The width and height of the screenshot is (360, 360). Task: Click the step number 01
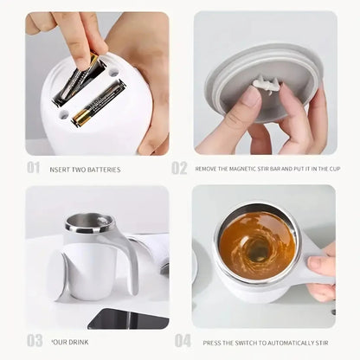[33, 168]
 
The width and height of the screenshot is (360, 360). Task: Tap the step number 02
[179, 168]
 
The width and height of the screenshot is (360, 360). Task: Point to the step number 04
[183, 340]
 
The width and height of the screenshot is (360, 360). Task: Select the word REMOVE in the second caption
[210, 170]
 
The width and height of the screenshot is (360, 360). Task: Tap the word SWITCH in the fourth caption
[247, 341]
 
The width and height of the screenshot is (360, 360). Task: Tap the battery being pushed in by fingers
[80, 78]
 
